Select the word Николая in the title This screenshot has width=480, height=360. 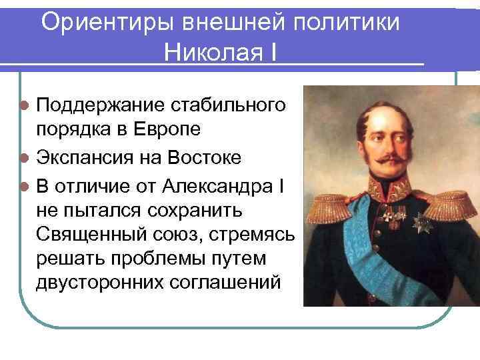click(x=211, y=52)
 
